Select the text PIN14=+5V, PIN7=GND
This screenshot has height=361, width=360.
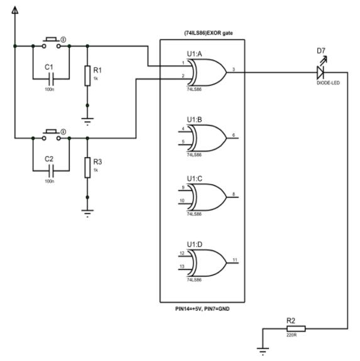(202, 309)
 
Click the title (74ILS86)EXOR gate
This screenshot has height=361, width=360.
(202, 33)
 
